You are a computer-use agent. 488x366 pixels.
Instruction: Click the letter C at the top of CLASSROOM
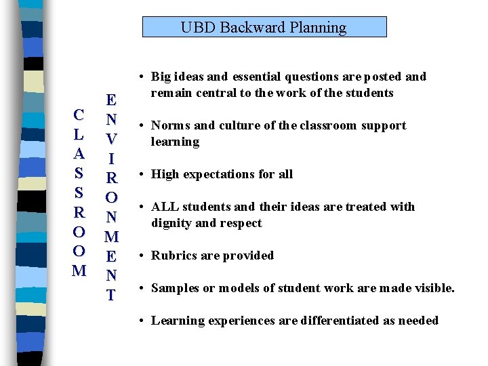click(x=79, y=115)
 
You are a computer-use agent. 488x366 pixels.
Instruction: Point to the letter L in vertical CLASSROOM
click(x=79, y=134)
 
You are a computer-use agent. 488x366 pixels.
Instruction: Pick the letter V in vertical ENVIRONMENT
click(x=111, y=139)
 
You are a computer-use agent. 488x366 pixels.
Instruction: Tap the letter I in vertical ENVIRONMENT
click(x=111, y=159)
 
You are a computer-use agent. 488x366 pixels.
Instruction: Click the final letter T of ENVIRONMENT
click(x=111, y=296)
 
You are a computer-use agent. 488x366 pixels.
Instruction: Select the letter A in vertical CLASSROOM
click(x=79, y=153)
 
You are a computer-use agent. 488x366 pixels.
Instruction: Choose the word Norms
click(x=171, y=125)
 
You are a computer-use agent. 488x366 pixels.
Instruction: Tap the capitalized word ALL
click(x=165, y=207)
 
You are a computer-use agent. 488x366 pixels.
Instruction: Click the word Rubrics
click(x=174, y=256)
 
